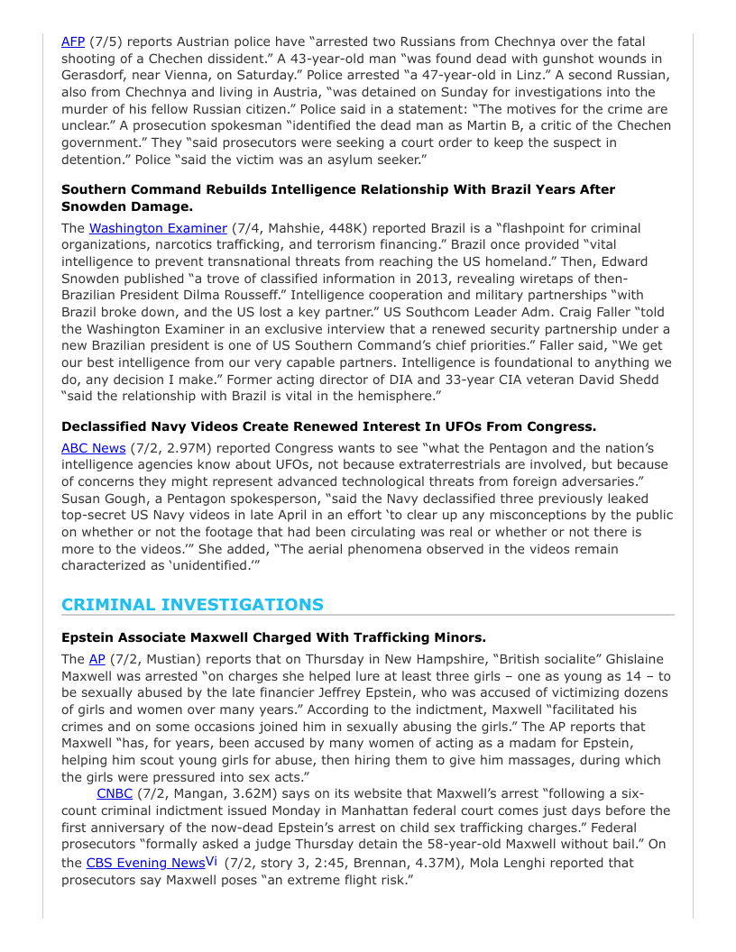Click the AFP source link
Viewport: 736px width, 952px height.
73,41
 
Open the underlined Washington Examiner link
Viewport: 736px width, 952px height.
158,228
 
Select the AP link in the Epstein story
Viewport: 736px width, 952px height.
97,659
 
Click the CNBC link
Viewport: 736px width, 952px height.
115,794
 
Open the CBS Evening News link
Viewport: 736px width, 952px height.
144,863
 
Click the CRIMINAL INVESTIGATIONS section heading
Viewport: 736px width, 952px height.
192,605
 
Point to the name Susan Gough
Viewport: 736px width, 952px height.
106,499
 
